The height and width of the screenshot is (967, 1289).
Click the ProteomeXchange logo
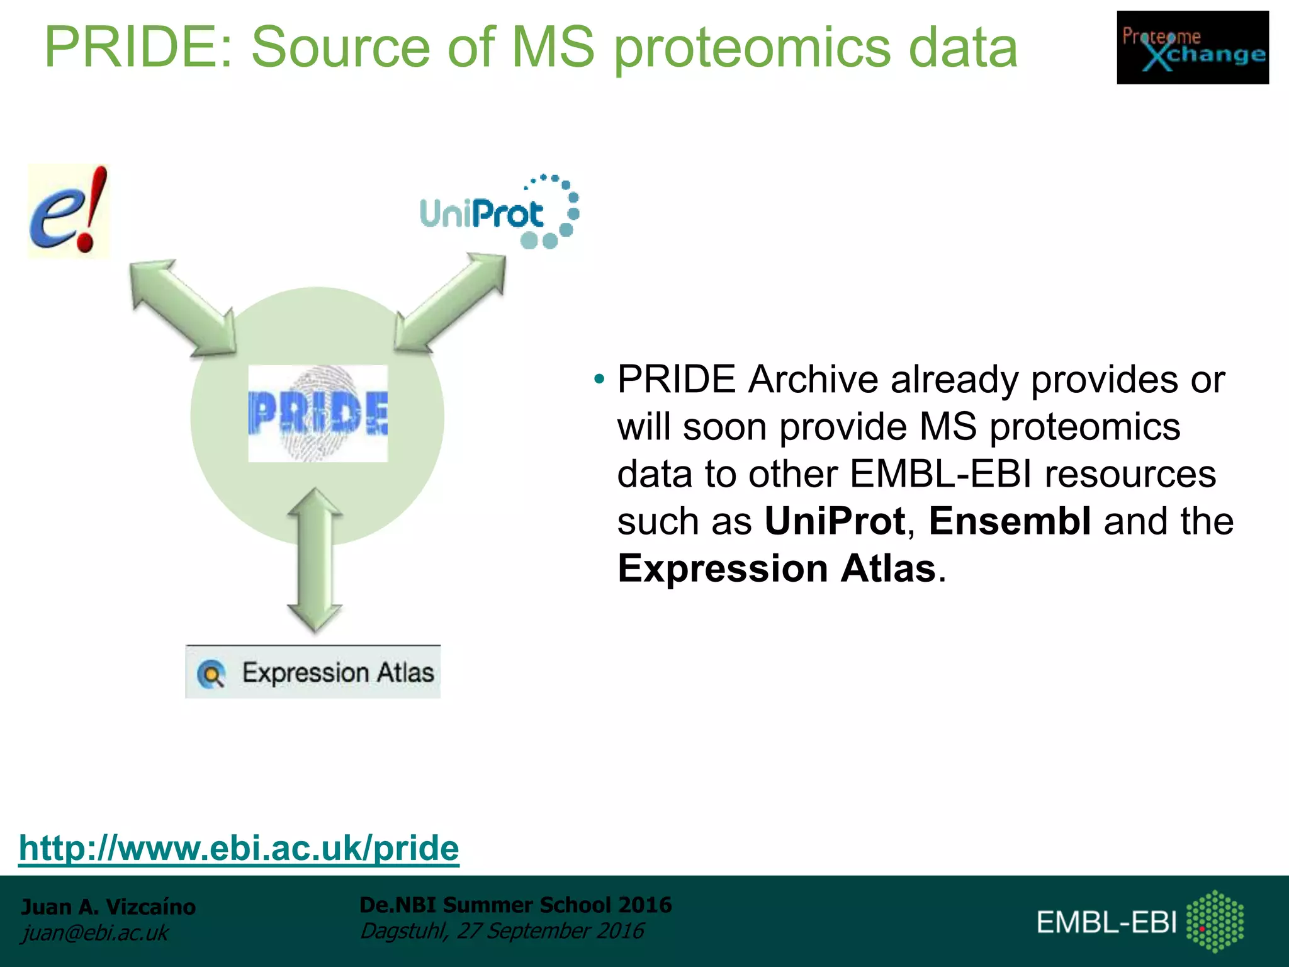click(x=1192, y=48)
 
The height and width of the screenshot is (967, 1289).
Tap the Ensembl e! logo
click(x=68, y=211)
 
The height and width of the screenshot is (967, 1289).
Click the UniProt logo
click(x=498, y=213)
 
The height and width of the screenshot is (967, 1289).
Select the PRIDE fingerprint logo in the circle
click(x=318, y=414)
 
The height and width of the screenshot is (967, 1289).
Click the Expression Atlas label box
click(x=313, y=672)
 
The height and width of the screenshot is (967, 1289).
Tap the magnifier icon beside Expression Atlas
click(x=211, y=674)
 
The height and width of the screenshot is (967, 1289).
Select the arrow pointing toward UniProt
click(x=451, y=302)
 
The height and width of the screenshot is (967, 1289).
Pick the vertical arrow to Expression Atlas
click(x=315, y=560)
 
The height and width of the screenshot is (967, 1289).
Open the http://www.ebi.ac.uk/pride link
click(x=239, y=848)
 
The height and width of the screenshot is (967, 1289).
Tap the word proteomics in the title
click(x=752, y=48)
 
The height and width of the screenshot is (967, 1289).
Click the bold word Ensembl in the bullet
click(x=1010, y=521)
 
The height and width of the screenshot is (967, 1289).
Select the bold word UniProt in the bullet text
click(x=835, y=521)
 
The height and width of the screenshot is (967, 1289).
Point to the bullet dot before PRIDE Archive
click(x=599, y=380)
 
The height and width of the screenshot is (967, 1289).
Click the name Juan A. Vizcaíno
click(x=108, y=907)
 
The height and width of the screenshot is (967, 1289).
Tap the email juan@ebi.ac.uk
click(x=95, y=932)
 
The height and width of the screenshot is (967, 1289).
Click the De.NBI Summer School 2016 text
click(x=515, y=905)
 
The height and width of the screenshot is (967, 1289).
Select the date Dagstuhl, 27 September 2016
click(x=502, y=930)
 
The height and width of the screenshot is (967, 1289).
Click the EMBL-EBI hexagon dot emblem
click(x=1215, y=921)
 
